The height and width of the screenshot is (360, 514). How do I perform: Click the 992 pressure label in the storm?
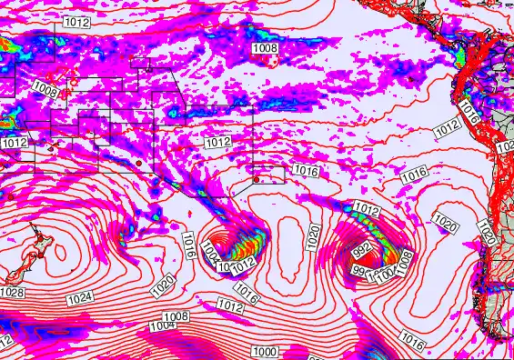360,247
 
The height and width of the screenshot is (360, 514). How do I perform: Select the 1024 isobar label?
79,297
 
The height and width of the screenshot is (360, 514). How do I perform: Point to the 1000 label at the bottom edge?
267,351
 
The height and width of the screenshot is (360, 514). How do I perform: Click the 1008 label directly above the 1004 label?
176,316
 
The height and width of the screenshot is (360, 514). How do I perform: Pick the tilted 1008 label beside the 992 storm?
401,262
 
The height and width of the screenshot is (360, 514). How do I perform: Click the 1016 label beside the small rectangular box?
305,170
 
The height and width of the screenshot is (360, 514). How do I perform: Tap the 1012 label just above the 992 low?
366,209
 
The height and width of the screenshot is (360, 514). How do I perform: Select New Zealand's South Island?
11,275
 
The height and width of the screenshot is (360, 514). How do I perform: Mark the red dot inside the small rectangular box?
257,180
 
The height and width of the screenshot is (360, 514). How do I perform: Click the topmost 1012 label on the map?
76,23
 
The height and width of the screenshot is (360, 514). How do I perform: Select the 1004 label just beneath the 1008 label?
163,325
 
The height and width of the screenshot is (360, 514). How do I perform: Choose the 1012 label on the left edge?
14,143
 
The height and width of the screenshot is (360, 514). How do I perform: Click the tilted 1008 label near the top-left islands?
48,91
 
